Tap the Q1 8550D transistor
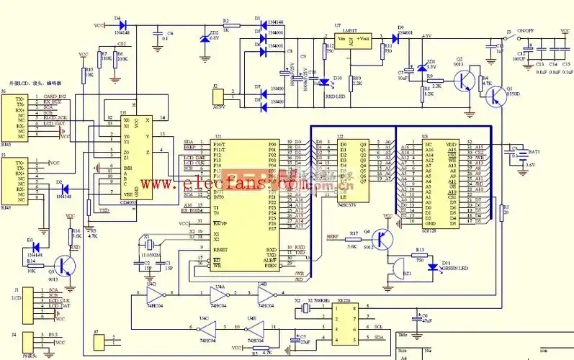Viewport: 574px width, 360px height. (494, 96)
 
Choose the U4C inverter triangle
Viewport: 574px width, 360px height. (207, 326)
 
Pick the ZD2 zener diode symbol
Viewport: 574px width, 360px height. (205, 37)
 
